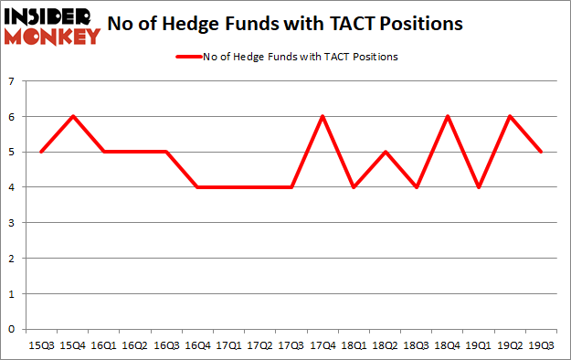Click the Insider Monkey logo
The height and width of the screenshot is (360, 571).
[x=52, y=26]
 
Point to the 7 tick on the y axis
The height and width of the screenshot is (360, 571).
[x=13, y=81]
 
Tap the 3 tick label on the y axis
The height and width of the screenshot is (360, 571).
[x=13, y=223]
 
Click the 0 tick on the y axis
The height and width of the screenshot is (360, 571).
[x=13, y=329]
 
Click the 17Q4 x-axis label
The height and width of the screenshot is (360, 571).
[x=322, y=346]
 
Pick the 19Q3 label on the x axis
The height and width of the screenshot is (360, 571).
[x=542, y=346]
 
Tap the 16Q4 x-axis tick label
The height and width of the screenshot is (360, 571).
[x=196, y=346]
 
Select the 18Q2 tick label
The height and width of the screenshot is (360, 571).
[x=385, y=346]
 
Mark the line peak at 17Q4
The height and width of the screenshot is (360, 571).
[x=322, y=117]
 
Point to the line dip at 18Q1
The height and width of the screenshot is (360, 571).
[x=354, y=187]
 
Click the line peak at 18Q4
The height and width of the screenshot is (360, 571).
[x=448, y=117]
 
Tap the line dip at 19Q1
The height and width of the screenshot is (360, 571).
[x=479, y=187]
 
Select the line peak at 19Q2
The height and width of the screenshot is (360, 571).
[x=511, y=117]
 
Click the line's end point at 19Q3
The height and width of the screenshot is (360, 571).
[x=542, y=152]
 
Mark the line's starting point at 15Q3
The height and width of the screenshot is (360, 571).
[x=40, y=152]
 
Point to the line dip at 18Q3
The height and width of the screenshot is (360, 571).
[x=417, y=187]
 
